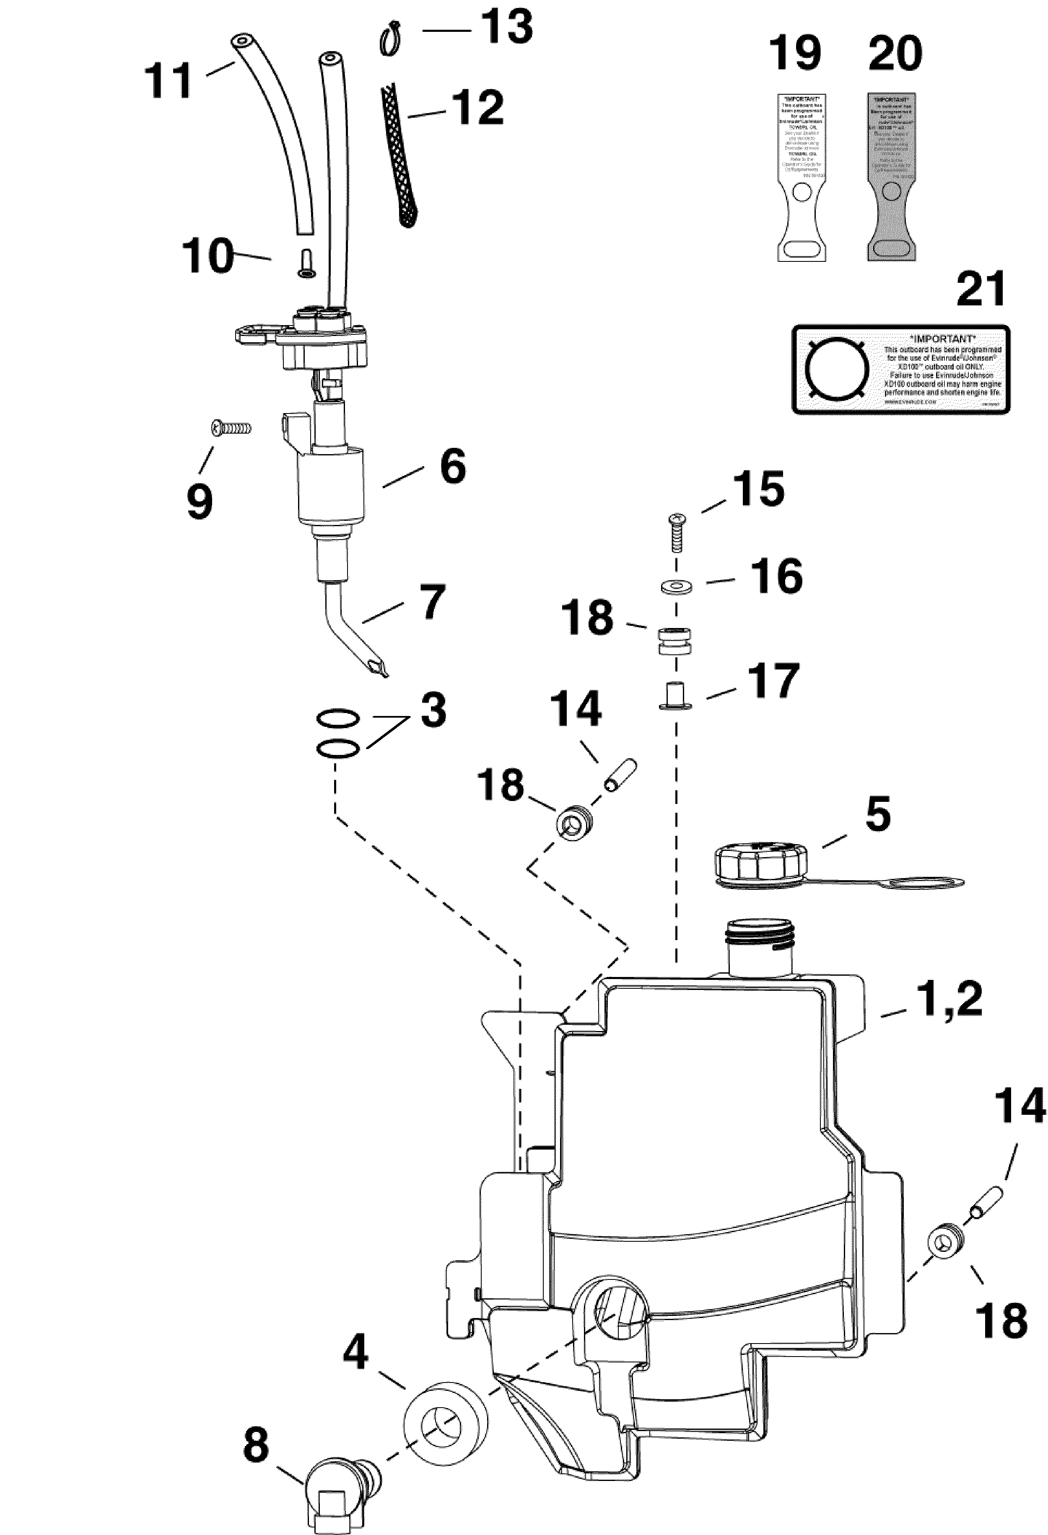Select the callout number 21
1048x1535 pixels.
tap(981, 289)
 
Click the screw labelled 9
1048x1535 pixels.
tap(231, 428)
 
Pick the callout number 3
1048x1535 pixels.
tap(433, 711)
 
